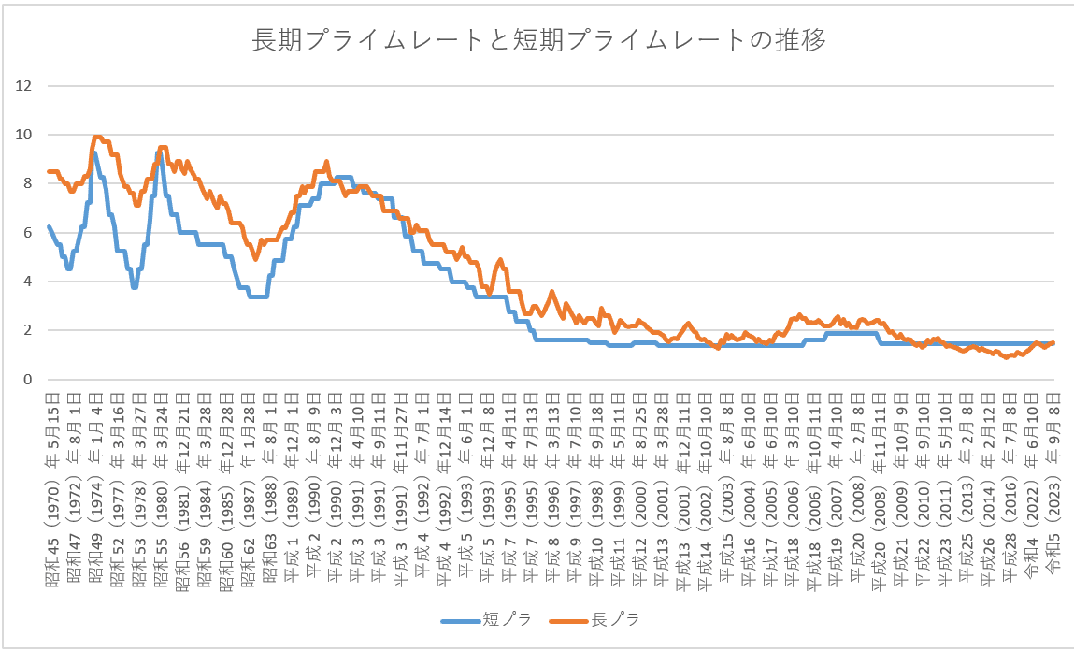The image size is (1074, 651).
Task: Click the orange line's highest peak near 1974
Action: tap(96, 137)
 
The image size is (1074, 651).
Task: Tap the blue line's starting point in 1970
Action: tap(49, 226)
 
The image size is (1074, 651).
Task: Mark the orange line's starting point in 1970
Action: tap(49, 171)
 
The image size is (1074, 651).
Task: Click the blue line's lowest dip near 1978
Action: tap(135, 287)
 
